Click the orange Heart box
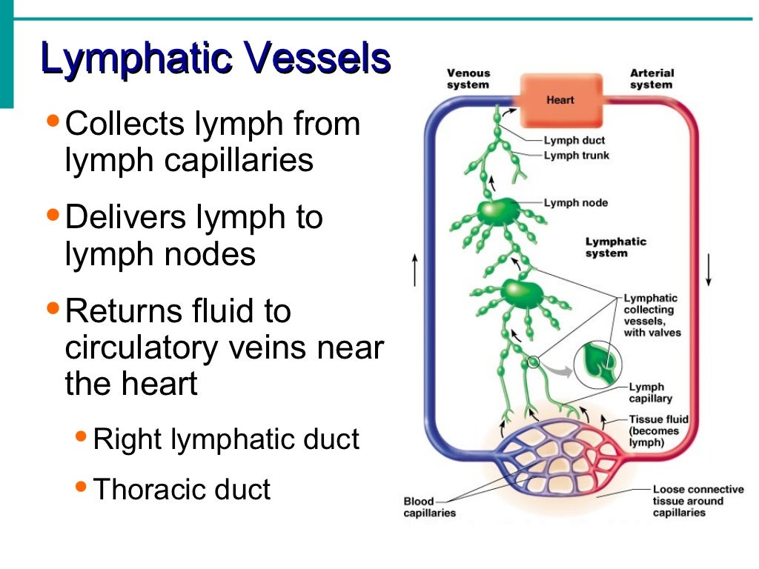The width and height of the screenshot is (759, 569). click(x=560, y=100)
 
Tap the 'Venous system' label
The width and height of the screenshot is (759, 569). click(x=468, y=79)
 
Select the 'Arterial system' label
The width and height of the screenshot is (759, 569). click(x=652, y=79)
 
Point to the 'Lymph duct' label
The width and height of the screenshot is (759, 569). click(x=574, y=140)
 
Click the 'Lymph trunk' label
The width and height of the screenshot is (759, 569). click(x=577, y=156)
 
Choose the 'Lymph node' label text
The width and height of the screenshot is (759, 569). click(x=575, y=202)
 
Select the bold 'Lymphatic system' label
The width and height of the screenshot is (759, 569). click(x=616, y=247)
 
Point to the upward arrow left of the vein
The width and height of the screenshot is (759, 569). click(x=414, y=270)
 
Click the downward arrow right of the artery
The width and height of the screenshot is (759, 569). click(x=709, y=270)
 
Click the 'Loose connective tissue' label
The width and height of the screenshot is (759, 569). click(x=697, y=501)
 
